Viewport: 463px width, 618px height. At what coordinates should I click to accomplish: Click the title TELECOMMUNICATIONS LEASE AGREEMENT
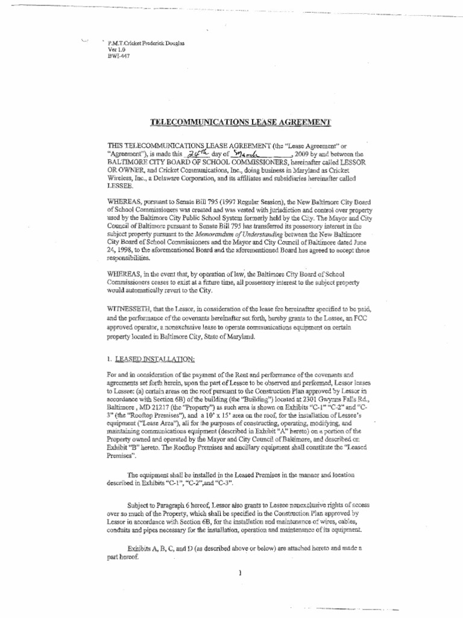(240, 123)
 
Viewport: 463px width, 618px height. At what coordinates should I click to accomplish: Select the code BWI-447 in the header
(118, 56)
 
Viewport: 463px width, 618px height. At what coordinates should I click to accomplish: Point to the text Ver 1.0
(116, 50)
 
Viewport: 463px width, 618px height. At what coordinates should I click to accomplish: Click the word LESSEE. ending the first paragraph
(119, 186)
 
